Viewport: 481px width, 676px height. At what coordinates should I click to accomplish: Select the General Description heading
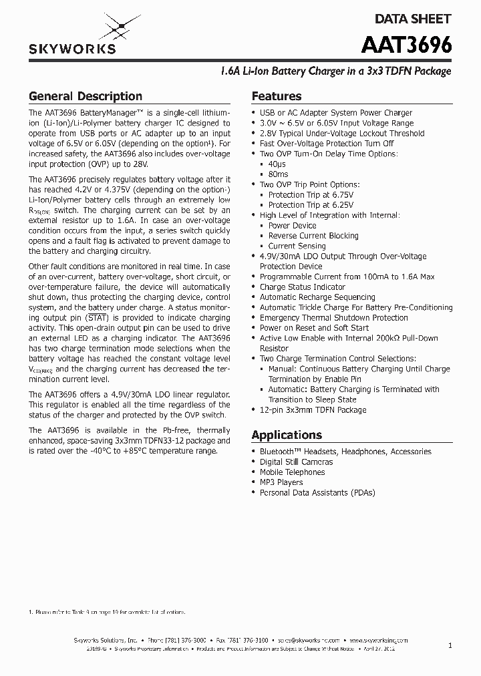point(86,96)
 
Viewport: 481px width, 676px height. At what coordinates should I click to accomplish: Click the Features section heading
point(277,96)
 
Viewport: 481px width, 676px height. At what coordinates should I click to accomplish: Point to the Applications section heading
point(287,435)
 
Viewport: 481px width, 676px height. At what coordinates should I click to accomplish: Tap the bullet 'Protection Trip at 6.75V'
point(311,195)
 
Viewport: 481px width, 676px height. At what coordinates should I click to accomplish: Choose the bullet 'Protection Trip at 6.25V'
point(311,205)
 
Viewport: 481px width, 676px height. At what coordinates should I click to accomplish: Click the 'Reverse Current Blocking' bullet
point(313,236)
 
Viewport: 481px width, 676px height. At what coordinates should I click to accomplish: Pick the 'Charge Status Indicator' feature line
point(303,287)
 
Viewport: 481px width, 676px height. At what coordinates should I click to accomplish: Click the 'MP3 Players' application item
point(281,482)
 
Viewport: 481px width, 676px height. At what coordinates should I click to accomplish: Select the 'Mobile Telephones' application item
point(292,472)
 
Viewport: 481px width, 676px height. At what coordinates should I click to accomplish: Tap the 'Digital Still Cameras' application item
point(296,462)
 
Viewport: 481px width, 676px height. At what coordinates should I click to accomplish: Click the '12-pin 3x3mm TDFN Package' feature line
point(313,410)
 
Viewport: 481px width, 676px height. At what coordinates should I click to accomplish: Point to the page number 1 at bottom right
point(450,646)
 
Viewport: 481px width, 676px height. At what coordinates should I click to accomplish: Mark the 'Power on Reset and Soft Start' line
point(314,328)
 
